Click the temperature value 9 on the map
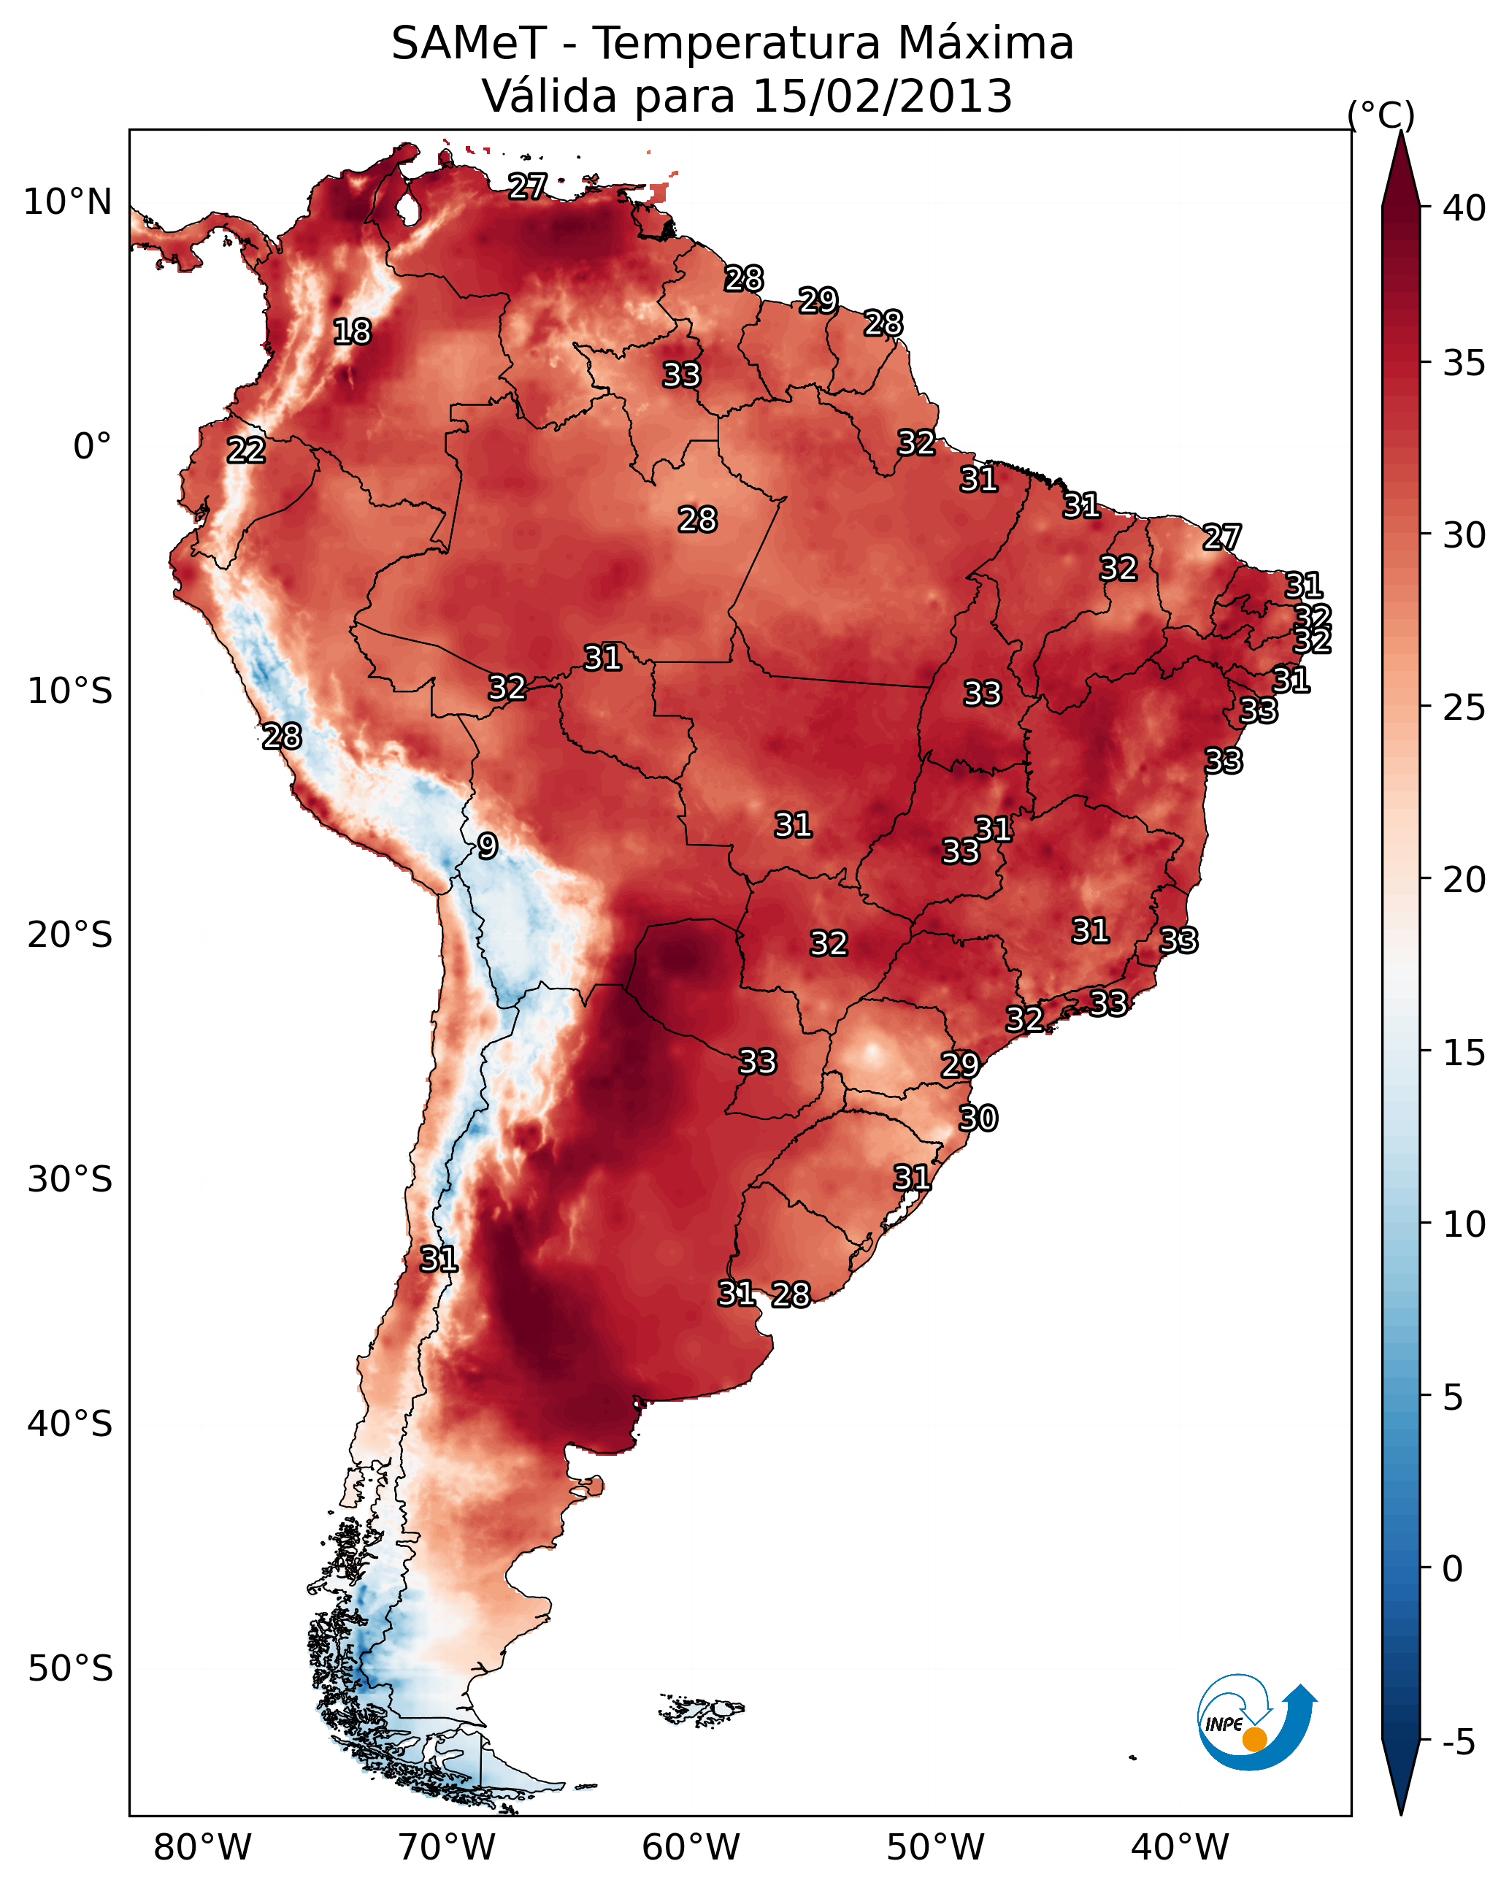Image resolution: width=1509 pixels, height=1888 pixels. (488, 846)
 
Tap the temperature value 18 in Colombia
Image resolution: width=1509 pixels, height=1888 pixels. (352, 332)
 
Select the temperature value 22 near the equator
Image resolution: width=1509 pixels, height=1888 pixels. (246, 450)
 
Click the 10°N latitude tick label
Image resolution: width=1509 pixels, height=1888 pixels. (67, 202)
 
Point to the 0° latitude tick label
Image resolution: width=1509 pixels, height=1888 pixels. (93, 447)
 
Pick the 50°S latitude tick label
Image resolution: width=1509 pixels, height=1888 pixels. (70, 1669)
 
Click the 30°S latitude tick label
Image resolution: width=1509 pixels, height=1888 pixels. (70, 1180)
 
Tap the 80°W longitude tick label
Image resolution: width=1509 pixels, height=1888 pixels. (202, 1847)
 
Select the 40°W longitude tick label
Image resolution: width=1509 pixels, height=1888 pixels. (1180, 1847)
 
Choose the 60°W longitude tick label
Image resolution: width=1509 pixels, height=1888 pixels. (691, 1847)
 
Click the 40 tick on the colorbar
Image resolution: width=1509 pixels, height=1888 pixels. (1464, 208)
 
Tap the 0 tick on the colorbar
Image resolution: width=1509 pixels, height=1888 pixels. (1453, 1569)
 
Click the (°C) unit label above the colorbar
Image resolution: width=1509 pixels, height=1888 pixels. (1381, 115)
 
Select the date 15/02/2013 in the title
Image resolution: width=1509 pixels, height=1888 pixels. (883, 96)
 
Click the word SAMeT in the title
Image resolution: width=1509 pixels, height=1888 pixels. (469, 44)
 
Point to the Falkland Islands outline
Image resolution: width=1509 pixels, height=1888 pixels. (702, 1708)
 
